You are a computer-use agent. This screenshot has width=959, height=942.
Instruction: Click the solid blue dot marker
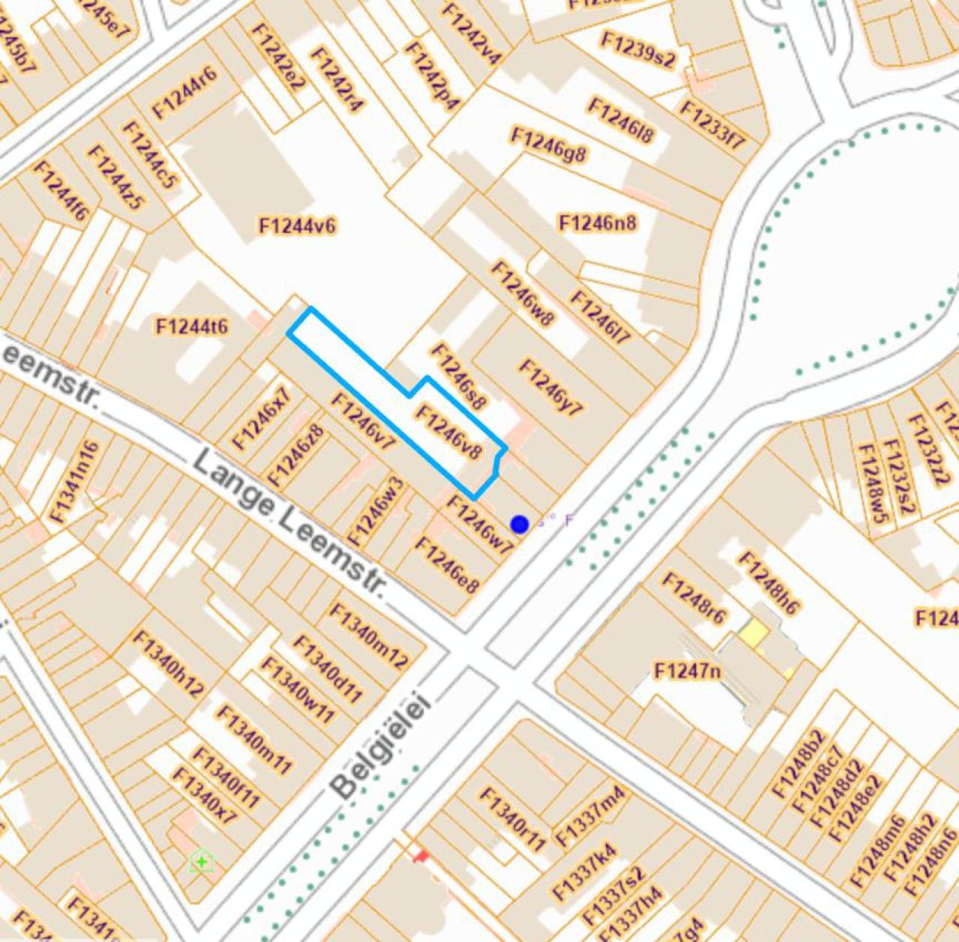pyautogui.click(x=519, y=524)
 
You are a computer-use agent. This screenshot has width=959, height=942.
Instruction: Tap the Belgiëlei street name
pyautogui.click(x=381, y=746)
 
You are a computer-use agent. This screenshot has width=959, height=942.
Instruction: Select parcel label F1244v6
pyautogui.click(x=297, y=226)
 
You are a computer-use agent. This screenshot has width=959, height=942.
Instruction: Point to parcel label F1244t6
pyautogui.click(x=192, y=327)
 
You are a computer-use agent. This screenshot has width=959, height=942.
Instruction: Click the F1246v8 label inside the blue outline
pyautogui.click(x=448, y=432)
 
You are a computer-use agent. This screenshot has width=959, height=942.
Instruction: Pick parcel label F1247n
pyautogui.click(x=687, y=670)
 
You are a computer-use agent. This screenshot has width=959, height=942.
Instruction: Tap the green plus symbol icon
pyautogui.click(x=202, y=863)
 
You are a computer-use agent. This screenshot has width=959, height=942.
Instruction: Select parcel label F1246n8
pyautogui.click(x=598, y=223)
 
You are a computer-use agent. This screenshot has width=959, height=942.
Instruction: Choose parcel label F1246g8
pyautogui.click(x=548, y=145)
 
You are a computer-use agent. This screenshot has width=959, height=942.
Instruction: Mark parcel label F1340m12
pyautogui.click(x=369, y=635)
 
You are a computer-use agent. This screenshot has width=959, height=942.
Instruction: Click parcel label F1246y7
pyautogui.click(x=551, y=387)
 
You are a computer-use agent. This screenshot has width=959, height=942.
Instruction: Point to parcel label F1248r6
pyautogui.click(x=694, y=597)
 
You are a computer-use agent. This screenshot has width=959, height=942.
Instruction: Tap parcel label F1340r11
pyautogui.click(x=513, y=819)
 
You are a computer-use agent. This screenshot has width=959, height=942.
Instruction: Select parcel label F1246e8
pyautogui.click(x=447, y=564)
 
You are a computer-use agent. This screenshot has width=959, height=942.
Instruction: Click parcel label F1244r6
pyautogui.click(x=184, y=92)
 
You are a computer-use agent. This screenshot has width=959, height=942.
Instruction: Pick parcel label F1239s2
pyautogui.click(x=638, y=50)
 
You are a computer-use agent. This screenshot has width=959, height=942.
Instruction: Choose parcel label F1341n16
pyautogui.click(x=75, y=481)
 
